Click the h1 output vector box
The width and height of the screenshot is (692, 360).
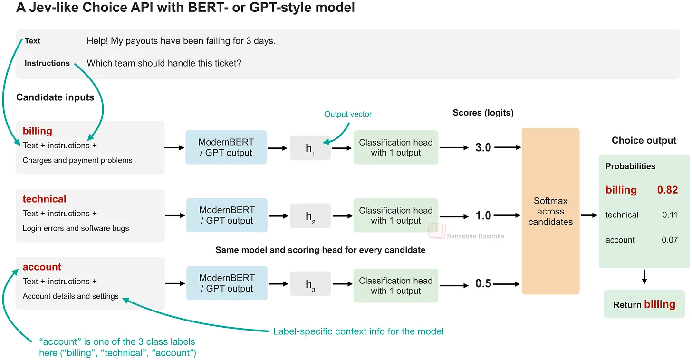[310, 148]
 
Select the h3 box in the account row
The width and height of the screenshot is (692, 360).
[310, 284]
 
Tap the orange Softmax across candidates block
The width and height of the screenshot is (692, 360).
[550, 211]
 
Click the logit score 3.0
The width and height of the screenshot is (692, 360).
[483, 147]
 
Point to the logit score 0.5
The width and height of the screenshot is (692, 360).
[483, 283]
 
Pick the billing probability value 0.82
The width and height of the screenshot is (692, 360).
[667, 190]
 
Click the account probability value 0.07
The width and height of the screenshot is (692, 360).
[670, 240]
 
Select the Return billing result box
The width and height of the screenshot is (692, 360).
[644, 304]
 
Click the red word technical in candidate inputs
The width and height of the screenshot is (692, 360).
[45, 199]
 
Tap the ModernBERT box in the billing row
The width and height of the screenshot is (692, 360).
[226, 147]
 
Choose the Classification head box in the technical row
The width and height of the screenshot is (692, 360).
[396, 215]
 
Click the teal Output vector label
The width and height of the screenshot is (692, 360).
[348, 114]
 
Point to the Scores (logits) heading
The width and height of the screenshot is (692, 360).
[483, 113]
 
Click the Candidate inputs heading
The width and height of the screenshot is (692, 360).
[55, 97]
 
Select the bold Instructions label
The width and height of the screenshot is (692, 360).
[47, 63]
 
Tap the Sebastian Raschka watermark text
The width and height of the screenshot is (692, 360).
[475, 236]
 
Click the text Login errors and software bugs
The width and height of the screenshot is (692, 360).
[76, 228]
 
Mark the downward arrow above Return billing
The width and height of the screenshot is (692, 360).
[644, 277]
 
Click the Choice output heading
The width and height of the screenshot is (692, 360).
[644, 140]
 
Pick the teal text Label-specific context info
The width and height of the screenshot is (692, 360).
[358, 331]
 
